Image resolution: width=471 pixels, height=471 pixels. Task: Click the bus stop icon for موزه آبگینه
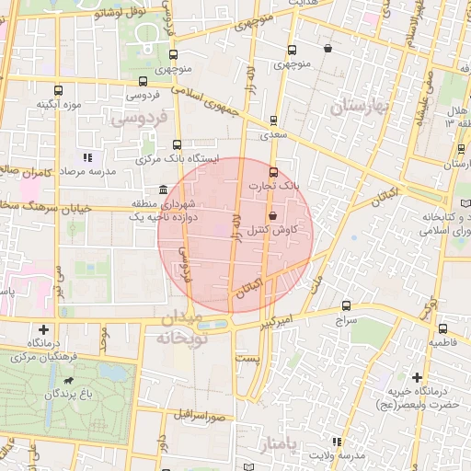click(x=59, y=91)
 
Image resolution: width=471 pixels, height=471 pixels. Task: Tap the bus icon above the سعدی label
click(x=274, y=121)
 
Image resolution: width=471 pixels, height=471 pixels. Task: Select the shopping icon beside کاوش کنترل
click(x=273, y=215)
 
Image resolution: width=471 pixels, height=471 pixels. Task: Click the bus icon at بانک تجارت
click(x=272, y=172)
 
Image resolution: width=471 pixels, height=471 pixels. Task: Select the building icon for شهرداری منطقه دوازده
click(x=164, y=190)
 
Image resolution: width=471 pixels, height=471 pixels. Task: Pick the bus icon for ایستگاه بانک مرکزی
click(x=178, y=144)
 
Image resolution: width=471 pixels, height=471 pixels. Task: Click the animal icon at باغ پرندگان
click(x=67, y=380)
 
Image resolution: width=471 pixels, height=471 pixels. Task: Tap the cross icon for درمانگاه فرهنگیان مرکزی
click(x=44, y=329)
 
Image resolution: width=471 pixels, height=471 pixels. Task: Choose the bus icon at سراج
click(x=346, y=306)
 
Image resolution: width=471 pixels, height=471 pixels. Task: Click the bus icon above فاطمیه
click(x=443, y=328)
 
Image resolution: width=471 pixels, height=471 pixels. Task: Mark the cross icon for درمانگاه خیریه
click(x=417, y=377)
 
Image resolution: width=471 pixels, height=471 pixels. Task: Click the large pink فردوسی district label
click(x=138, y=118)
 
